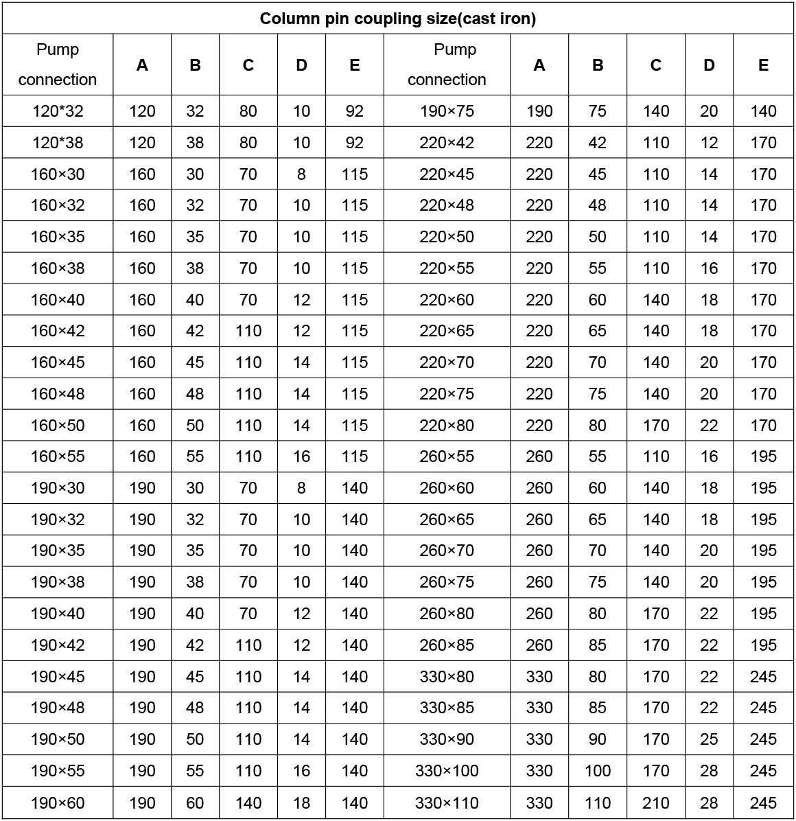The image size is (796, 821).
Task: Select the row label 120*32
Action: tap(58, 111)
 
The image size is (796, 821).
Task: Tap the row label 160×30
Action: tap(58, 174)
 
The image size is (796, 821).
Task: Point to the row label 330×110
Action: tap(447, 802)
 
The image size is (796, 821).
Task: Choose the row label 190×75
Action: tap(447, 111)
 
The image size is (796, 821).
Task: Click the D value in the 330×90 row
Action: tap(709, 739)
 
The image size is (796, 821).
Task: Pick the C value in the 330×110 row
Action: tap(656, 802)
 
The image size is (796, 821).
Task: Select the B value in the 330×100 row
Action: tap(598, 771)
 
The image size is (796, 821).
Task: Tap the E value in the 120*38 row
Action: tap(354, 143)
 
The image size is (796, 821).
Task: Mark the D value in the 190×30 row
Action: tap(301, 488)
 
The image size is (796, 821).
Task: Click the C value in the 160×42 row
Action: tap(248, 331)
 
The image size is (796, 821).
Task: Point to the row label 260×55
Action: tap(447, 456)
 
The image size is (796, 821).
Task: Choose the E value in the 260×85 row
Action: tap(763, 645)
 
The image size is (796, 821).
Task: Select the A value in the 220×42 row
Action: tap(539, 143)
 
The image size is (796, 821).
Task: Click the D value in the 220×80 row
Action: tap(709, 426)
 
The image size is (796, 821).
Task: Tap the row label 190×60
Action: tap(58, 802)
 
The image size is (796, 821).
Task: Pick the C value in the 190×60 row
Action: tap(248, 802)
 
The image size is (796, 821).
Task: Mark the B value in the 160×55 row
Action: tap(195, 456)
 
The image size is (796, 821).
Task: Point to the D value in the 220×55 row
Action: tap(709, 268)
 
